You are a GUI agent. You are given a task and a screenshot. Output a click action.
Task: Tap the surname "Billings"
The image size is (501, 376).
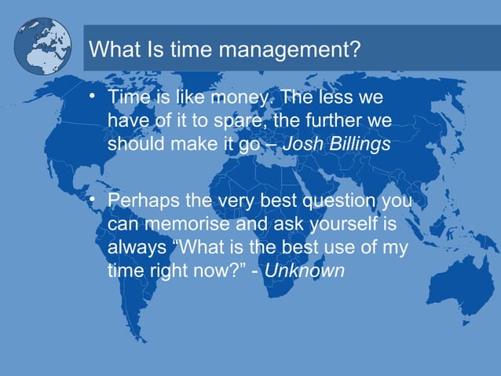coord(357,146)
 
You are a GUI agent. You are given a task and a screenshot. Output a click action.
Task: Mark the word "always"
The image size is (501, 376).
coord(133,249)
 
